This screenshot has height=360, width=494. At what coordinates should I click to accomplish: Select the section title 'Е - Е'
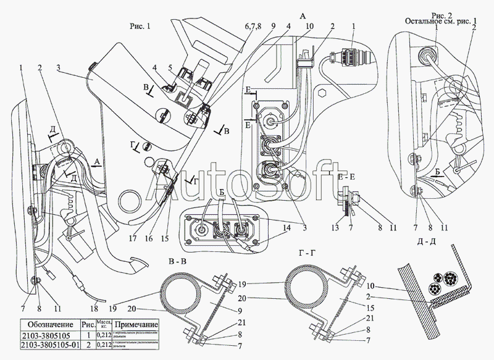click(350, 176)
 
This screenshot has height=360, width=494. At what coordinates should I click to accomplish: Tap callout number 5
click(170, 67)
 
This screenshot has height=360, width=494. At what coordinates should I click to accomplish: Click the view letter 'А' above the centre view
click(302, 14)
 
